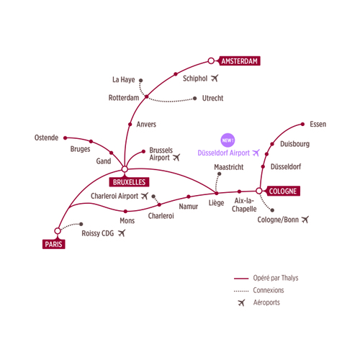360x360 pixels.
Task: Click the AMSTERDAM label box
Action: click(x=240, y=61)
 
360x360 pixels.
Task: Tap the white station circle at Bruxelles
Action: click(x=125, y=169)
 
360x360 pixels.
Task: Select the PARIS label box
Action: click(x=54, y=244)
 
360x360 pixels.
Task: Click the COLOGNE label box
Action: click(x=283, y=191)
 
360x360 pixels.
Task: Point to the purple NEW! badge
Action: click(x=228, y=140)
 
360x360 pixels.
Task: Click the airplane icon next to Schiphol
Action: click(x=215, y=78)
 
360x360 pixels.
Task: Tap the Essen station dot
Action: click(x=302, y=124)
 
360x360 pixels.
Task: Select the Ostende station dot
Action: click(x=65, y=138)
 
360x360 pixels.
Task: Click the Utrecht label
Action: click(x=212, y=98)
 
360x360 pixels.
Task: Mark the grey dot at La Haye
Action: click(x=141, y=81)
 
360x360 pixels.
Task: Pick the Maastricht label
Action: click(x=229, y=167)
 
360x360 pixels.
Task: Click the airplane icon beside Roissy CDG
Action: click(x=122, y=233)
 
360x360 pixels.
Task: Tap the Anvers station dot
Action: click(x=130, y=125)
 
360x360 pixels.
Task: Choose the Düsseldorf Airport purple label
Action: click(x=224, y=153)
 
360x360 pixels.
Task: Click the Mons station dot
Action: click(x=125, y=212)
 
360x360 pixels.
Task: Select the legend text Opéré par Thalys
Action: click(x=276, y=278)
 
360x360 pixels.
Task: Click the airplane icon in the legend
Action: click(x=241, y=302)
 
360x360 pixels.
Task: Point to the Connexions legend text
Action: click(x=269, y=290)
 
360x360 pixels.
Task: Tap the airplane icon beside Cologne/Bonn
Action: click(x=305, y=220)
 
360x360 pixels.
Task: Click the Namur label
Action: click(x=189, y=207)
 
